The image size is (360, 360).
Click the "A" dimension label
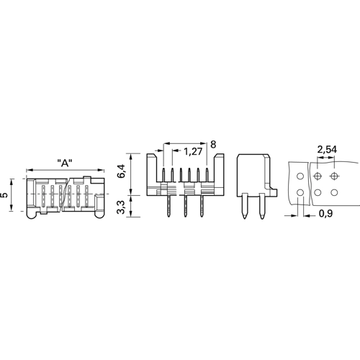65,163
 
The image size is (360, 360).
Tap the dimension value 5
4,195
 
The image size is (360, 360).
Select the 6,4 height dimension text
122,171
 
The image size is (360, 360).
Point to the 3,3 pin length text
122,207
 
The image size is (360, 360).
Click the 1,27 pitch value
193,152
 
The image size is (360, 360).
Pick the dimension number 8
213,145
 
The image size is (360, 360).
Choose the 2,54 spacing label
327,149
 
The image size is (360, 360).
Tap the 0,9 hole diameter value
325,213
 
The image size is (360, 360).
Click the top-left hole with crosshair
318,176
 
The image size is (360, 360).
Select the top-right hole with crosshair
334,176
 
